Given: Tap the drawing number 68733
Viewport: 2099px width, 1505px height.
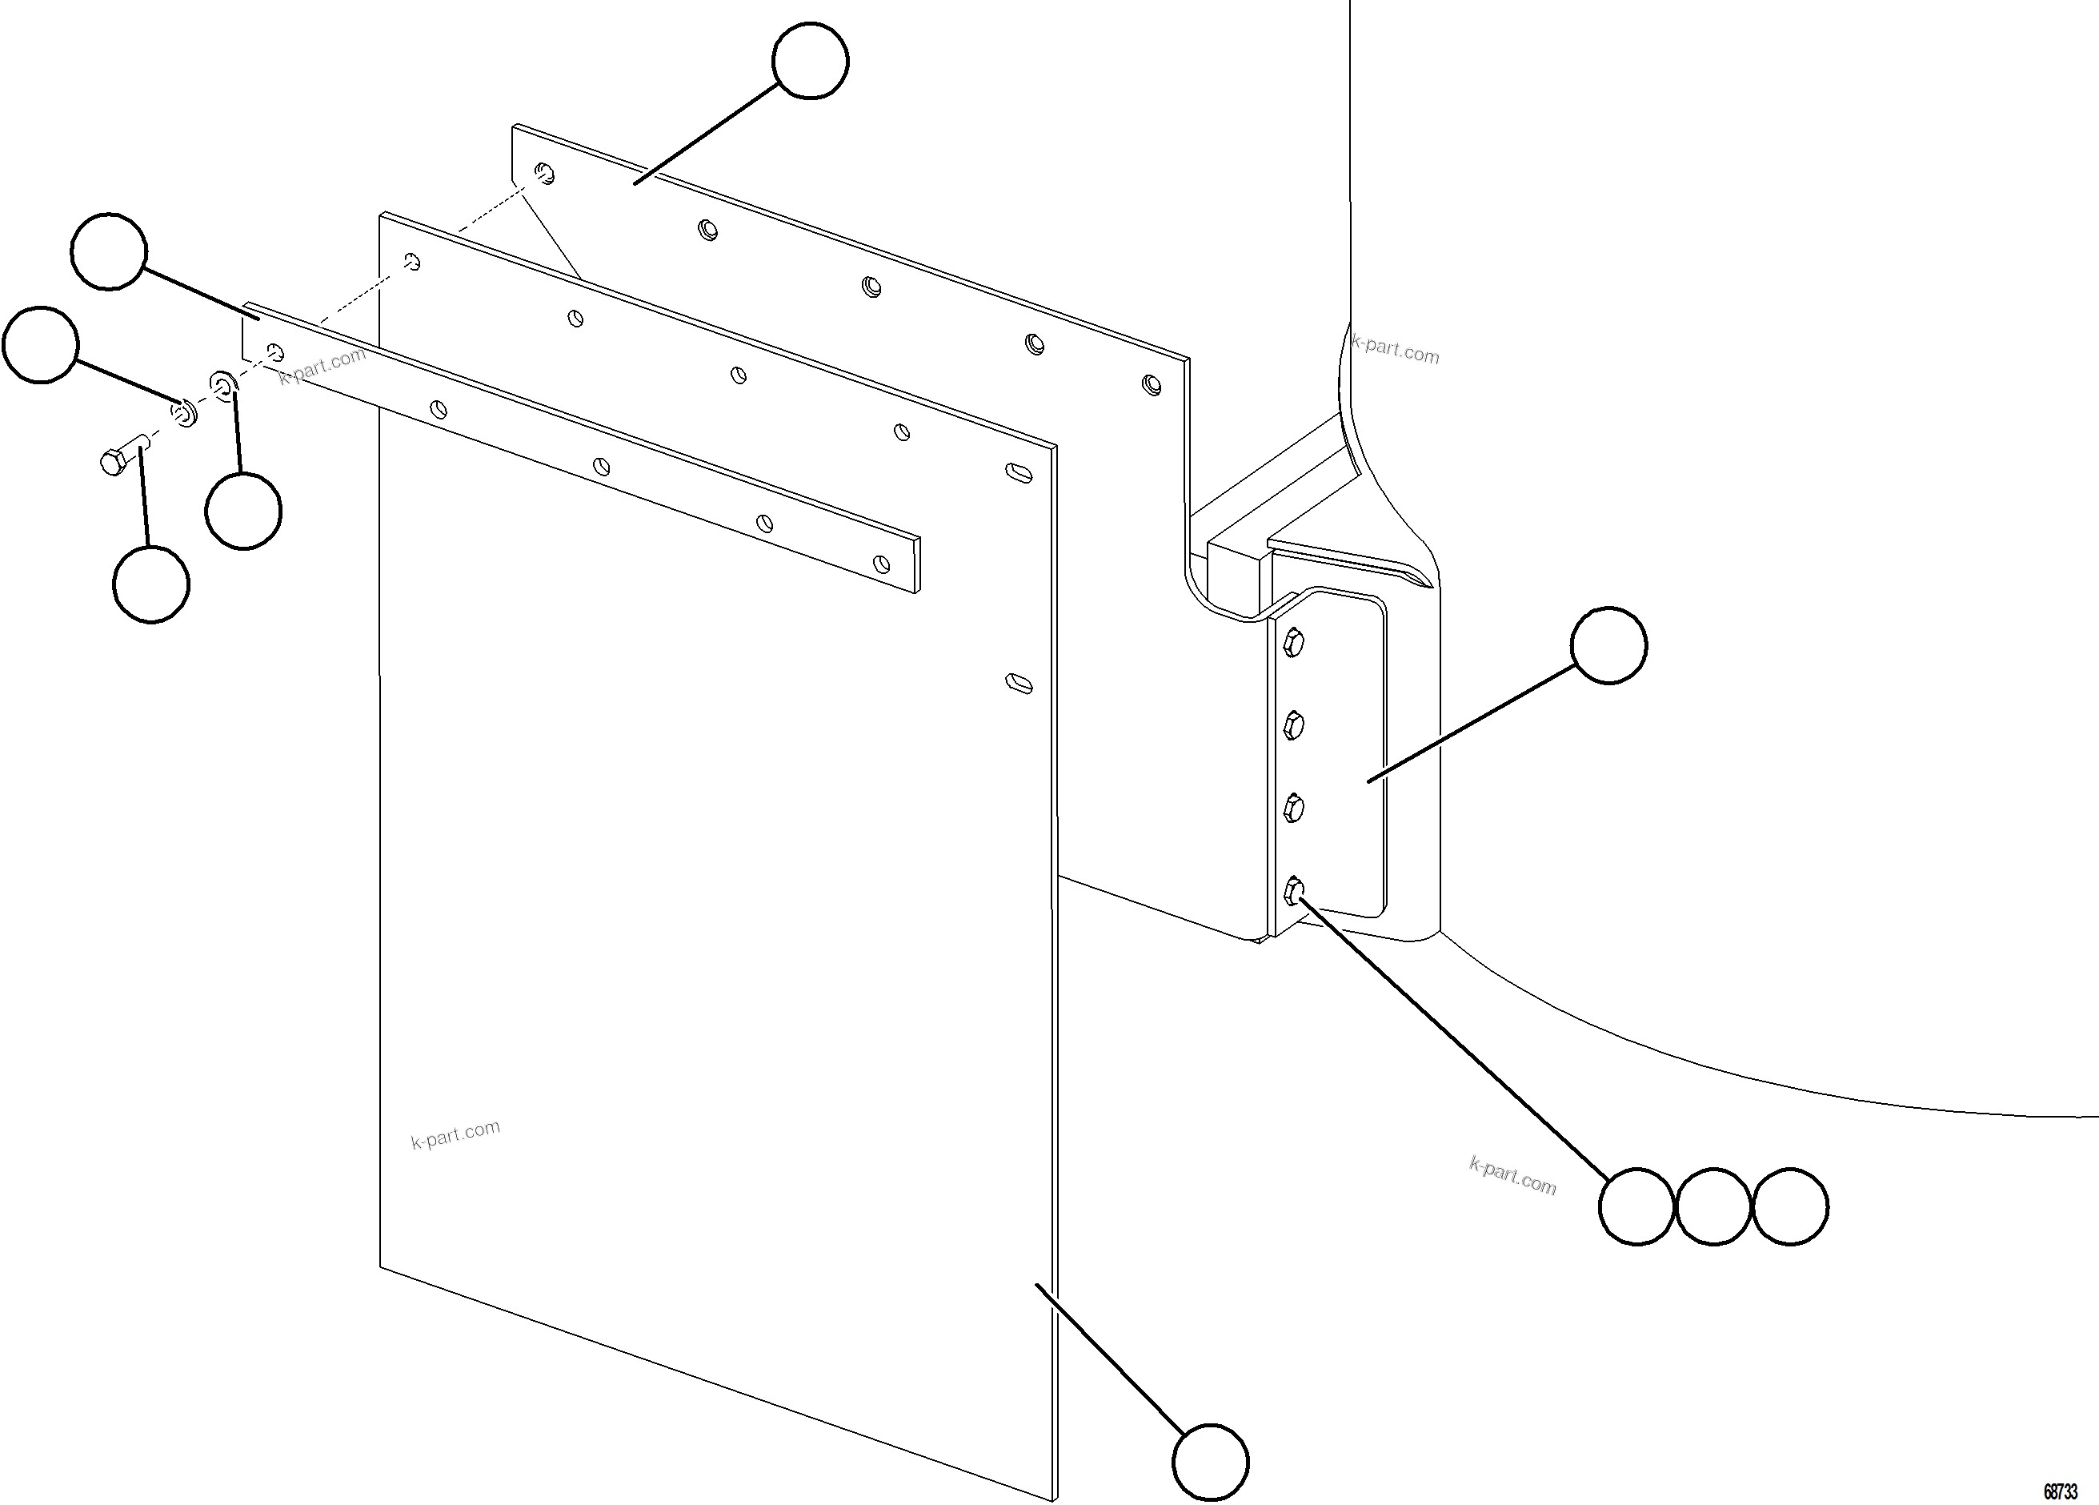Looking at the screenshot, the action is (2060, 1491).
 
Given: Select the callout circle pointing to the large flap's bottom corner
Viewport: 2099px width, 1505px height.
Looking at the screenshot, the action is (1210, 1463).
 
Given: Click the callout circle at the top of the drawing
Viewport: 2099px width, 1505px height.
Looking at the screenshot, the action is (810, 60).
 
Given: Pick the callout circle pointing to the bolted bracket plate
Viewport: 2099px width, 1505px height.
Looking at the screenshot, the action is (1608, 645).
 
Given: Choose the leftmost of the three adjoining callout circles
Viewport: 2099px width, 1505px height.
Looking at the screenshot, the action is (1636, 1206).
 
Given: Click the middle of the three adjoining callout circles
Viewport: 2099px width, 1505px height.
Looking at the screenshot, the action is (1713, 1206).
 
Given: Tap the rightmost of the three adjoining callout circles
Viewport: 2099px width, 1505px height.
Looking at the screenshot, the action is (1790, 1206).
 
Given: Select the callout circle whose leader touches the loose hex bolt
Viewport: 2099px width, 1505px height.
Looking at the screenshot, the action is (151, 584).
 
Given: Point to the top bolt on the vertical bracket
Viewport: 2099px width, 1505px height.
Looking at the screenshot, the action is (1294, 642).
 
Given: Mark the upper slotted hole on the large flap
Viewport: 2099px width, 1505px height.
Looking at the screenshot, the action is (1019, 472).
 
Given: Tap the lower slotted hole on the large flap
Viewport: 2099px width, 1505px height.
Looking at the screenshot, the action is (1019, 683).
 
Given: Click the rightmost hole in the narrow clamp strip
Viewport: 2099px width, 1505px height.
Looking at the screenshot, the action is (881, 564).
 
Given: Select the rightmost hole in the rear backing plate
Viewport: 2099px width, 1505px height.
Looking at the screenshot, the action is (1152, 383).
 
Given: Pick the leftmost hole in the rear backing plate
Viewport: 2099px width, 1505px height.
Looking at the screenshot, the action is (545, 173).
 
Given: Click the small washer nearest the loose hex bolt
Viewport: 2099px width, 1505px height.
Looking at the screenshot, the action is (185, 413).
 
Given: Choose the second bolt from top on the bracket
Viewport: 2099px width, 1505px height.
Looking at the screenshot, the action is (1294, 725).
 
